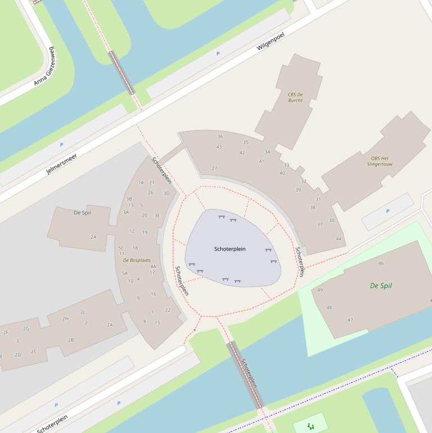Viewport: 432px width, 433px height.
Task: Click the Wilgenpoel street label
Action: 271,41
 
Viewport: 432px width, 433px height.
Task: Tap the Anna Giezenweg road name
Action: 44,66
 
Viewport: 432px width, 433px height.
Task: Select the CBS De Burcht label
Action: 295,97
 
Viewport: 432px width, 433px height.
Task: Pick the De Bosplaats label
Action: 137,260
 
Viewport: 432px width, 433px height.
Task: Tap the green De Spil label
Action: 381,286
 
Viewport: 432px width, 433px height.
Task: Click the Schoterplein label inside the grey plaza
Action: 230,249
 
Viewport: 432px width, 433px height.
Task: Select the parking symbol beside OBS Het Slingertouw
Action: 387,211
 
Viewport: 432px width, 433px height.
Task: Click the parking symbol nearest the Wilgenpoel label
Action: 218,54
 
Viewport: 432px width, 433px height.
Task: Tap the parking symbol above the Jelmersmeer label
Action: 61,145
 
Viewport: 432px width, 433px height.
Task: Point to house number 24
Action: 93,237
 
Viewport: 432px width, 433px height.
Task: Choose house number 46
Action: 381,263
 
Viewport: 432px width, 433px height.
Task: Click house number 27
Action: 214,168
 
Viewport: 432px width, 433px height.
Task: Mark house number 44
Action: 339,239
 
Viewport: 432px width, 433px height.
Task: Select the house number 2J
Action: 83,312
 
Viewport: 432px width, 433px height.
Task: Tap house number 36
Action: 220,137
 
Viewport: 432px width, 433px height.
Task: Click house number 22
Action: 167,310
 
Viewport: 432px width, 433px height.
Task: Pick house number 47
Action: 350,320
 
